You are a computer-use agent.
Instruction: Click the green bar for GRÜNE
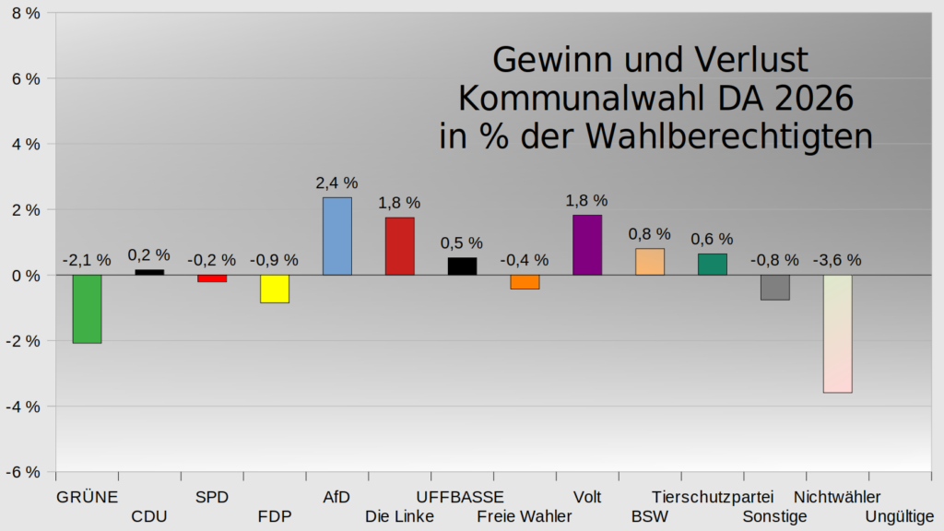(87, 309)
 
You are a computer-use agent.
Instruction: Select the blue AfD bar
(336, 236)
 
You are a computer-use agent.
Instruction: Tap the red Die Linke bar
(399, 246)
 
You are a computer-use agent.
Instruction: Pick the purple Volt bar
(587, 245)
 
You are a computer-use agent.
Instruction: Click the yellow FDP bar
(275, 289)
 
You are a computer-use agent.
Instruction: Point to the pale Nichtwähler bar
(837, 334)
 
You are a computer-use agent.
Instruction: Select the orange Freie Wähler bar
(525, 282)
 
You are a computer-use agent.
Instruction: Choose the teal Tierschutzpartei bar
(712, 264)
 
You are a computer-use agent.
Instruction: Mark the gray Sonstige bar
(774, 288)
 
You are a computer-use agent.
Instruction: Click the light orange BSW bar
(649, 262)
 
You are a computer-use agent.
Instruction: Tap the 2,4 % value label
(336, 183)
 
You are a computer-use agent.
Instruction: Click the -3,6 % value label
(837, 260)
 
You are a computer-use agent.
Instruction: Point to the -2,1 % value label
(87, 260)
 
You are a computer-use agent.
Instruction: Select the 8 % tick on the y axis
(26, 13)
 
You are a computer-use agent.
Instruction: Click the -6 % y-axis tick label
(23, 472)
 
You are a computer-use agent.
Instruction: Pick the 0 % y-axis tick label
(26, 276)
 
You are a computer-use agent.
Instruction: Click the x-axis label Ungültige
(900, 516)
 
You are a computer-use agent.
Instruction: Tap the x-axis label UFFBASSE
(461, 497)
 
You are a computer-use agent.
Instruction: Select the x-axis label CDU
(149, 516)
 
